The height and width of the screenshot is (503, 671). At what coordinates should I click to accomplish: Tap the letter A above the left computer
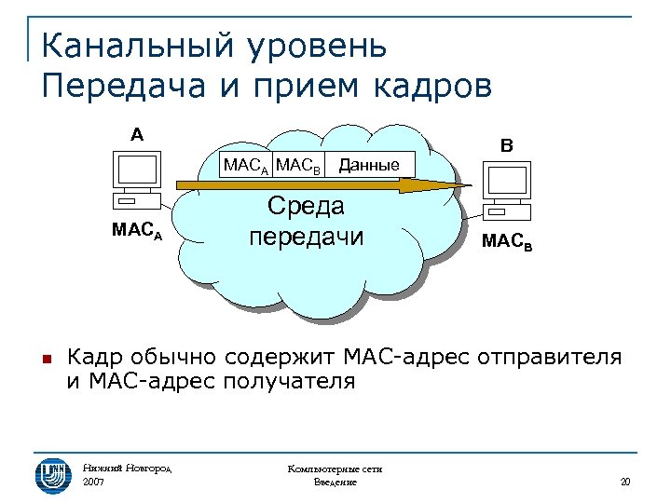137,134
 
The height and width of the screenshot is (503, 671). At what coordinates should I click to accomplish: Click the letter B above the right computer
506,146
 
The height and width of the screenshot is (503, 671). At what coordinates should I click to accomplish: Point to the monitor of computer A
136,171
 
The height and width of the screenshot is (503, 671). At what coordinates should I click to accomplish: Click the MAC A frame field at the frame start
246,167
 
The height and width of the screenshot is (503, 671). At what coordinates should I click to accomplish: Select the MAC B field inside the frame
299,167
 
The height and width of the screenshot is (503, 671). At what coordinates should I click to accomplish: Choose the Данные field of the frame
369,166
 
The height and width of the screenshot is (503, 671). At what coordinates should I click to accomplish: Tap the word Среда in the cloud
305,206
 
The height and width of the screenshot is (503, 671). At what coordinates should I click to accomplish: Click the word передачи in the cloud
305,237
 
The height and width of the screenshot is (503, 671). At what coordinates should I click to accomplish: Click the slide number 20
624,482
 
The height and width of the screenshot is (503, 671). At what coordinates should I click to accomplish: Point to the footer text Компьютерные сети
335,469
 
